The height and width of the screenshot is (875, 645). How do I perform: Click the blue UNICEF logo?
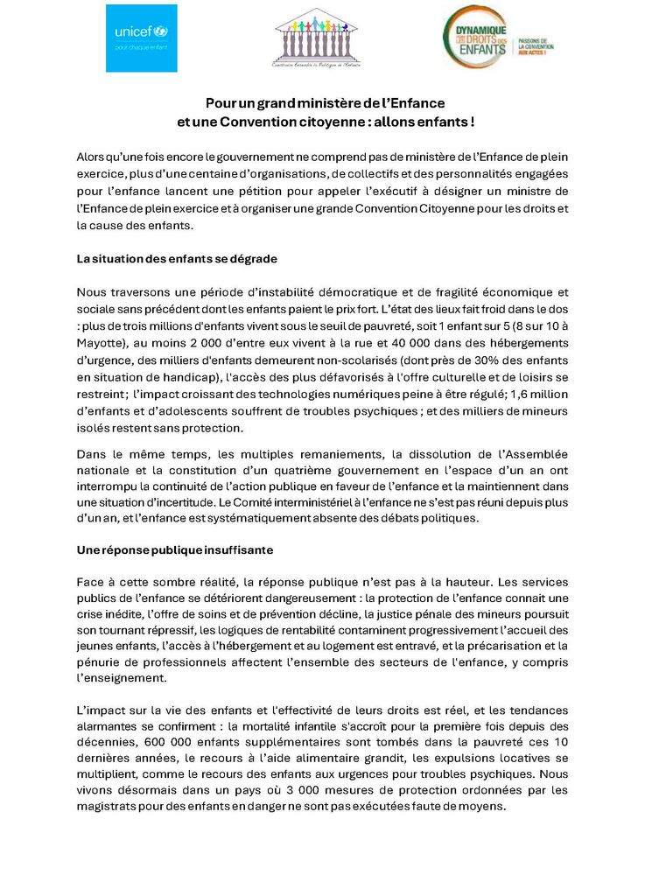[x=141, y=38]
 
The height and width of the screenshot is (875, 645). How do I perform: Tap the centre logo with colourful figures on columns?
[x=316, y=38]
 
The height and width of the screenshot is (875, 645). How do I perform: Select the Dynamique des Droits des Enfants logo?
[x=498, y=38]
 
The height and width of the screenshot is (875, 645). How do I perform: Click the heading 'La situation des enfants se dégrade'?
[x=177, y=259]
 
